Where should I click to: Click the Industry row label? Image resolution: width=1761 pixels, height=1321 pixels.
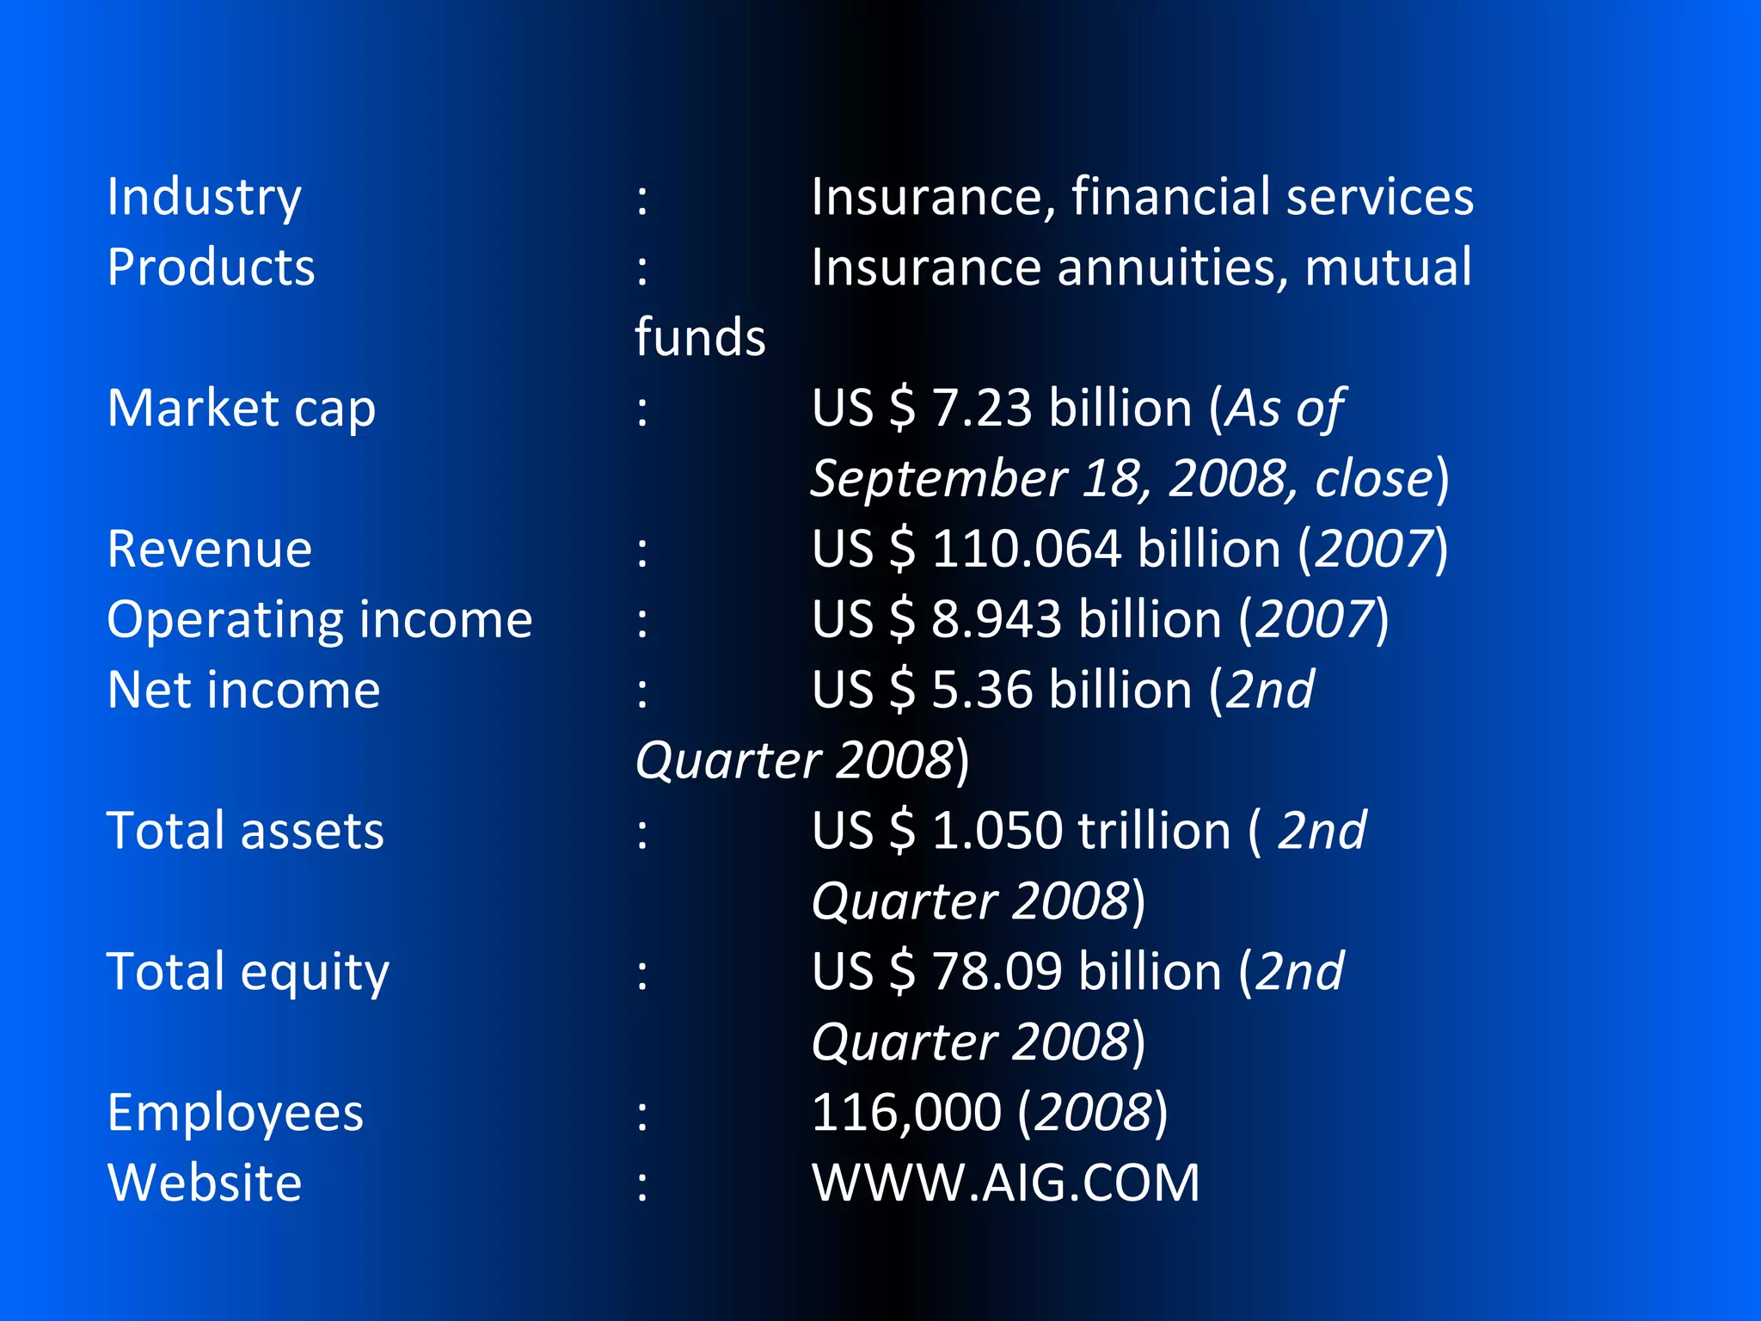pyautogui.click(x=204, y=198)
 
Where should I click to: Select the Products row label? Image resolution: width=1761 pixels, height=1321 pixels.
pyautogui.click(x=211, y=267)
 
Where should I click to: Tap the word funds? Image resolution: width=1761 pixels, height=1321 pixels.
pyautogui.click(x=700, y=337)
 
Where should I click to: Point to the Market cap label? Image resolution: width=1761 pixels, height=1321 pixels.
pyautogui.click(x=241, y=409)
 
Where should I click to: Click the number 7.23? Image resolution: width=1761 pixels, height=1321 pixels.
pyautogui.click(x=981, y=409)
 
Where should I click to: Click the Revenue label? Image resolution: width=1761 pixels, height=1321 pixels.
pyautogui.click(x=209, y=550)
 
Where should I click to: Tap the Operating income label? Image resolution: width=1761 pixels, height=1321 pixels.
pyautogui.click(x=319, y=620)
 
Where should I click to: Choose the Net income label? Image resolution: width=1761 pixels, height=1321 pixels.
pyautogui.click(x=243, y=691)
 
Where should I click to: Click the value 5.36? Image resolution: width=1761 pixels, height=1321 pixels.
pyautogui.click(x=981, y=691)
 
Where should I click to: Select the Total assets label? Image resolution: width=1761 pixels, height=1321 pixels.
pyautogui.click(x=245, y=832)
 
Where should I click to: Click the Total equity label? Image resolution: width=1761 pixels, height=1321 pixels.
pyautogui.click(x=248, y=973)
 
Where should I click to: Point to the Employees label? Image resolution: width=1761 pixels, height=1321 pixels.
pyautogui.click(x=235, y=1114)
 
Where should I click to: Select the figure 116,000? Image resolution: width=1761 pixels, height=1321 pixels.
pyautogui.click(x=905, y=1114)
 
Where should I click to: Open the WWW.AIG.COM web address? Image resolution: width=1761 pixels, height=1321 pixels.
pyautogui.click(x=1005, y=1184)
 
